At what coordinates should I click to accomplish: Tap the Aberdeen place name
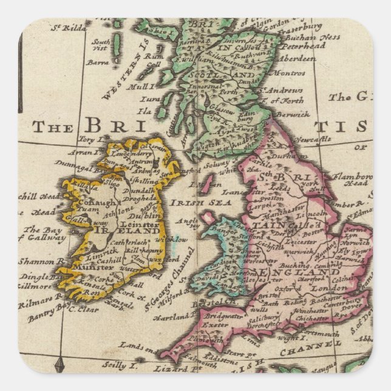point(299,59)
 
